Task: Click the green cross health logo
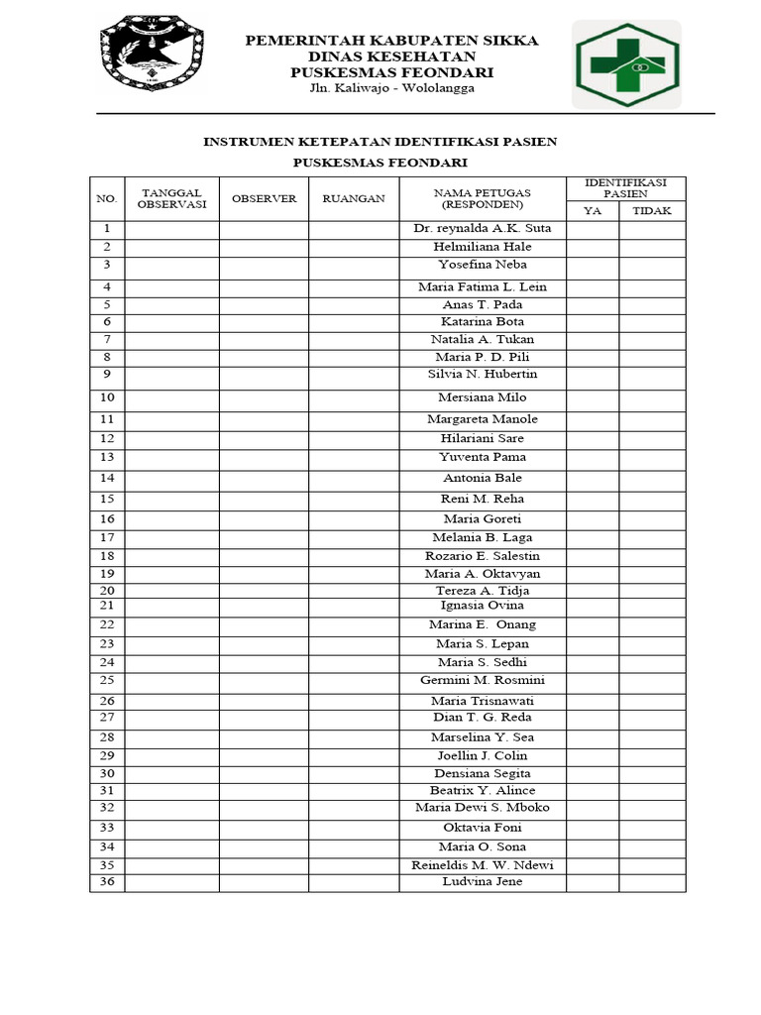(625, 64)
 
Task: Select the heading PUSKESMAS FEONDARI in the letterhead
(391, 72)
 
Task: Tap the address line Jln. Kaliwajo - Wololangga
(391, 88)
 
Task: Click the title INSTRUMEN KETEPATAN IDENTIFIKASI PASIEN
(380, 142)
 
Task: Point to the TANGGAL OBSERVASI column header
(171, 198)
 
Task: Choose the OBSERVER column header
(264, 198)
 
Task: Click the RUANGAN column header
(354, 198)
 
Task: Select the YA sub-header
(593, 210)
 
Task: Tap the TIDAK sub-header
(651, 210)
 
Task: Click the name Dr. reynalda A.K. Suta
(483, 228)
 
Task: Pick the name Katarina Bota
(483, 322)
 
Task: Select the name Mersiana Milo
(483, 397)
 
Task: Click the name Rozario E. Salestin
(483, 556)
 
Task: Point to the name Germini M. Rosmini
(483, 680)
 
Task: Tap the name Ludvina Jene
(483, 881)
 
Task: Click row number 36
(107, 882)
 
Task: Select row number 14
(107, 479)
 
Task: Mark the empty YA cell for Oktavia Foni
(593, 829)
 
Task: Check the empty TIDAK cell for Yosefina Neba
(651, 267)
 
